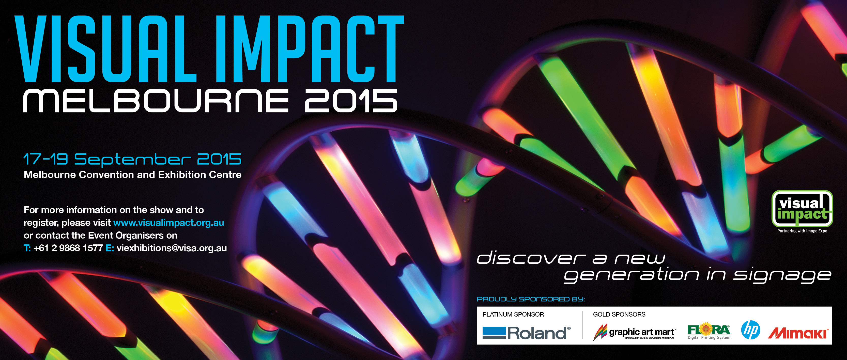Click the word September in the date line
point(132,160)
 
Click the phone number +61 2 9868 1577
point(68,248)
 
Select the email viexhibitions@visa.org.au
point(172,248)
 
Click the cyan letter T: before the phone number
point(27,248)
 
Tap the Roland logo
point(526,333)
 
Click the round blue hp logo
point(751,330)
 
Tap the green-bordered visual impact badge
point(802,209)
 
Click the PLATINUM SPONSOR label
point(513,315)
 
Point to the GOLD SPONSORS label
point(619,315)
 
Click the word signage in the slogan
point(782,275)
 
